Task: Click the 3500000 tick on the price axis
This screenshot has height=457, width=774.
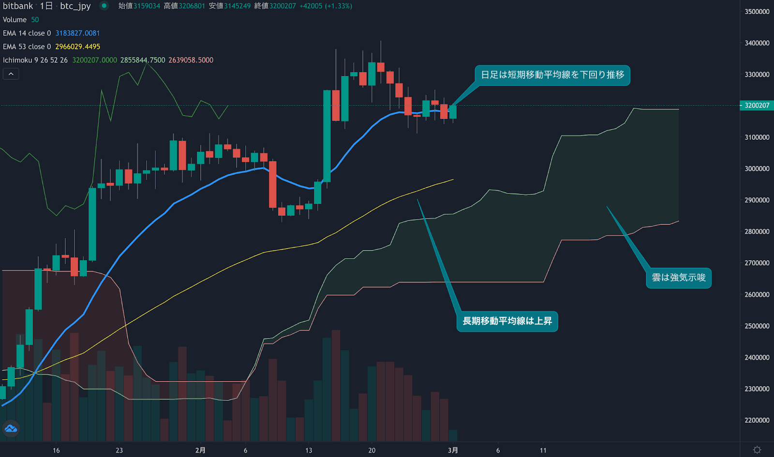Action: tap(757, 12)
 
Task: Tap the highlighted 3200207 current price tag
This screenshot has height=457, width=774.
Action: tap(757, 105)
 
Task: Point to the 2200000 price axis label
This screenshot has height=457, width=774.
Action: tap(757, 420)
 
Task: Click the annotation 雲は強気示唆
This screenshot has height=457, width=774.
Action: tap(678, 278)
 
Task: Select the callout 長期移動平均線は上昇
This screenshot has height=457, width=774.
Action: tap(507, 321)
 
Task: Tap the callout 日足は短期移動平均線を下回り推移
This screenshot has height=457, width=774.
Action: tap(552, 75)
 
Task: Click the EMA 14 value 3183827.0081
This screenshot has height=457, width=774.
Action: tap(77, 33)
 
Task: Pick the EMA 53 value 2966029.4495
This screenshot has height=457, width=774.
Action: tap(77, 47)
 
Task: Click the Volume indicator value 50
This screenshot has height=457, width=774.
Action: tap(35, 20)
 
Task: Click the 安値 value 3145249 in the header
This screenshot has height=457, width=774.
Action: tap(237, 6)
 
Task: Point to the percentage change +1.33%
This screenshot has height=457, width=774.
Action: tap(339, 6)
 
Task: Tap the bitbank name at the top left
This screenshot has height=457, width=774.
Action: tap(18, 6)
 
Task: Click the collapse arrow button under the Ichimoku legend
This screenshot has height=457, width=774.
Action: tap(11, 74)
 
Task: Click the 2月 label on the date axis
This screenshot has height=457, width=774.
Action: tap(200, 450)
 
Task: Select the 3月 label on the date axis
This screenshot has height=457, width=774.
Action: tap(453, 450)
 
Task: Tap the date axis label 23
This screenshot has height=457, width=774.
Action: tap(119, 450)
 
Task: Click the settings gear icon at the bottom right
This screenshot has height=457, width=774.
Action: tap(757, 450)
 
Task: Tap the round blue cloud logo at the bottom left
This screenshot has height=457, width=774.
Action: tap(11, 428)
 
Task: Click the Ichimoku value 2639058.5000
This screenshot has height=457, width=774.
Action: tap(191, 60)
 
